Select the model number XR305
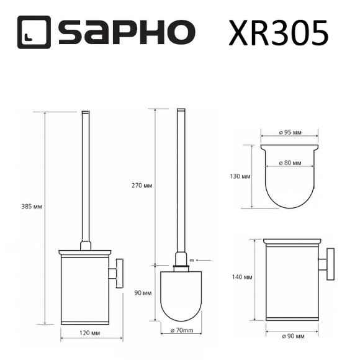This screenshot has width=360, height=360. tap(278, 34)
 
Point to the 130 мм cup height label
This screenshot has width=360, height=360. tap(240, 176)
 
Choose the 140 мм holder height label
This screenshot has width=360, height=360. tap(243, 278)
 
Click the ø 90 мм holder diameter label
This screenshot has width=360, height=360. tap(292, 336)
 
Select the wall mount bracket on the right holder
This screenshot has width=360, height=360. tap(327, 261)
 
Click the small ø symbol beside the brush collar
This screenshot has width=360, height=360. tap(191, 259)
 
